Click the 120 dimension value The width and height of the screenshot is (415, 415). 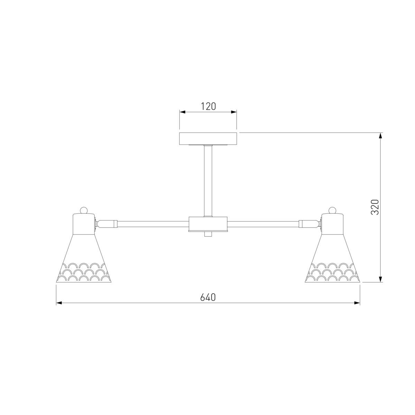208,107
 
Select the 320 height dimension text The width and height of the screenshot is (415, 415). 375,207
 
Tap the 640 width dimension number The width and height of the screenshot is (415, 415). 208,297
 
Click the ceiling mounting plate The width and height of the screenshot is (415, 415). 208,139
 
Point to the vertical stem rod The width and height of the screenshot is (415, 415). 208,181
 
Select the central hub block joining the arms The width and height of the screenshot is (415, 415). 208,224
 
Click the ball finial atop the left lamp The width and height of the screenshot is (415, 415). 84,210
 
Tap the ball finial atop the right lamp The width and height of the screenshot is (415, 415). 332,210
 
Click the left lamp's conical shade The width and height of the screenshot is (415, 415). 84,258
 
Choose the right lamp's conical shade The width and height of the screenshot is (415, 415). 332,258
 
